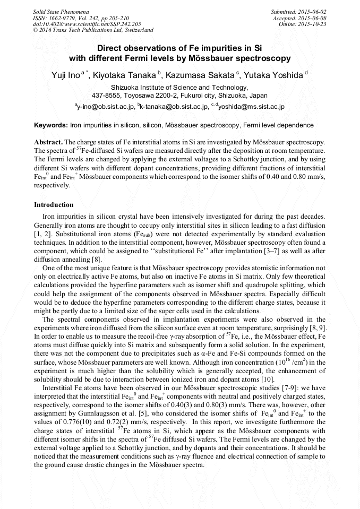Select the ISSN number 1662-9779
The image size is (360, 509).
pyautogui.click(x=69, y=18)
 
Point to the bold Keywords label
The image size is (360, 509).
pyautogui.click(x=50, y=125)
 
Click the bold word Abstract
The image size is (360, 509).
pyautogui.click(x=48, y=143)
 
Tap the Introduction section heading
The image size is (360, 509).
pyautogui.click(x=54, y=205)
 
